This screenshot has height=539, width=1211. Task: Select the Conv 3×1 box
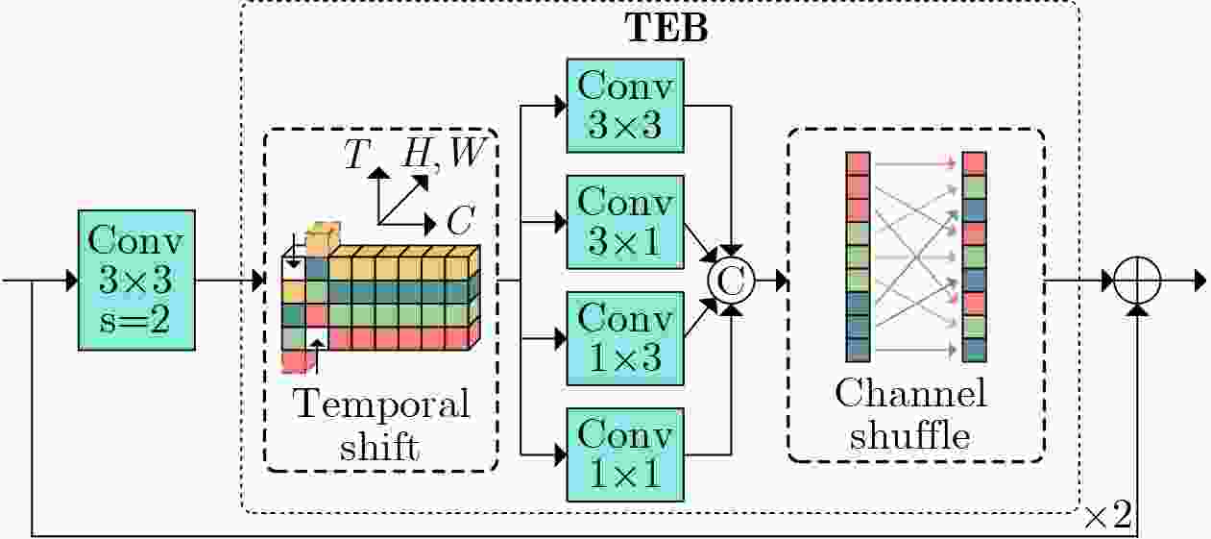click(x=625, y=221)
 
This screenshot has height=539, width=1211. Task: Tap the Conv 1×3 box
click(x=625, y=338)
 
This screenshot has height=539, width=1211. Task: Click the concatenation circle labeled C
click(x=733, y=281)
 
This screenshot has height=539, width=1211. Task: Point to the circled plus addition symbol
click(x=1139, y=281)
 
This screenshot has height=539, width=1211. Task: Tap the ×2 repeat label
click(x=1110, y=518)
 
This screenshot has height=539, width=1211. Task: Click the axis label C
click(x=459, y=223)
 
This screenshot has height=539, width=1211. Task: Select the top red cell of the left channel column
click(x=858, y=162)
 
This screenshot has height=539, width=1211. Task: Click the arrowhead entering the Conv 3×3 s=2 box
click(x=70, y=281)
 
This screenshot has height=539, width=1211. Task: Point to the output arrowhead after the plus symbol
click(x=1199, y=281)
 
